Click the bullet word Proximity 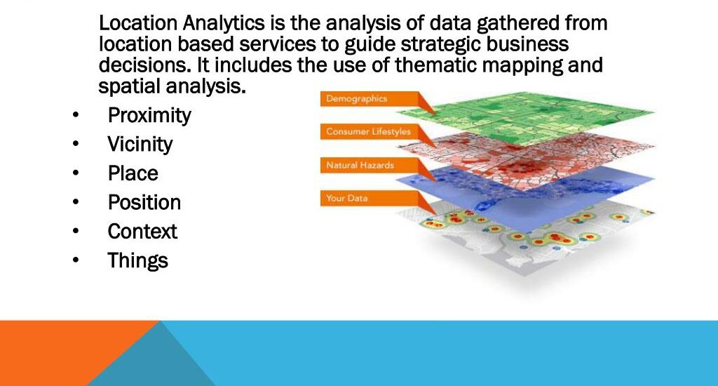click(149, 116)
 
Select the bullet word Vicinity click(140, 145)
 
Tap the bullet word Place click(133, 173)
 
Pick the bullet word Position click(144, 202)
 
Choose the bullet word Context click(142, 231)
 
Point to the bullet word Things click(138, 260)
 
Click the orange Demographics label click(370, 99)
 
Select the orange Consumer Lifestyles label click(370, 132)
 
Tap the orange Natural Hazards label click(370, 166)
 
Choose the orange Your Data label click(370, 199)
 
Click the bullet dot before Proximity click(76, 114)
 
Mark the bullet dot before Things click(76, 260)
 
